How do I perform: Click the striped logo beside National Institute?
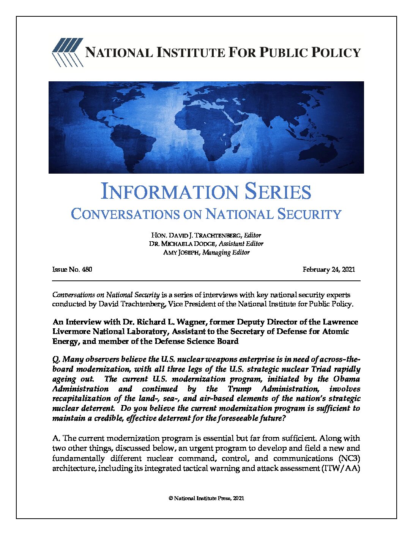pyautogui.click(x=68, y=52)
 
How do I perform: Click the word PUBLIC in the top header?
pyautogui.click(x=283, y=52)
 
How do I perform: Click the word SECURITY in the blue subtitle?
pyautogui.click(x=309, y=214)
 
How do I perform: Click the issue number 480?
pyautogui.click(x=87, y=269)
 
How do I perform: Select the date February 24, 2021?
pyautogui.click(x=329, y=269)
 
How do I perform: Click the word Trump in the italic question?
pyautogui.click(x=239, y=389)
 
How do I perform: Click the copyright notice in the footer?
pyautogui.click(x=206, y=498)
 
